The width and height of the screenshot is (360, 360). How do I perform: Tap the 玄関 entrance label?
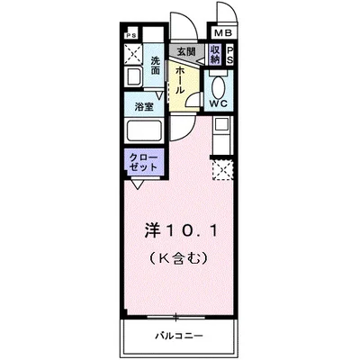pyautogui.click(x=186, y=52)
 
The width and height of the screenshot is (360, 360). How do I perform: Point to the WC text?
pyautogui.click(x=219, y=103)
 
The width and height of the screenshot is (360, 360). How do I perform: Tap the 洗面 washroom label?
pyautogui.click(x=156, y=65)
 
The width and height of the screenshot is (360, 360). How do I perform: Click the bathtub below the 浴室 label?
pyautogui.click(x=144, y=131)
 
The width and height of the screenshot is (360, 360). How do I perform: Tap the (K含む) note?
pyautogui.click(x=178, y=258)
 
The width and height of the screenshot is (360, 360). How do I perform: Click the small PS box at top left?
pyautogui.click(x=131, y=37)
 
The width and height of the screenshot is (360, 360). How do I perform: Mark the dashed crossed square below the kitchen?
pyautogui.click(x=221, y=167)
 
